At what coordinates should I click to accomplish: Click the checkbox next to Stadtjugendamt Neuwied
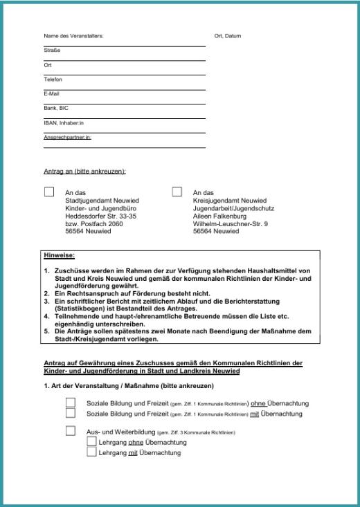pyautogui.click(x=49, y=192)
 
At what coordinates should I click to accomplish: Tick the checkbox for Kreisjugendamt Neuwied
pyautogui.click(x=177, y=192)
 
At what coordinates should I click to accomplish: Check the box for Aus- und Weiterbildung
pyautogui.click(x=71, y=431)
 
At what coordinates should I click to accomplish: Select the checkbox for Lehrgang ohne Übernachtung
pyautogui.click(x=91, y=441)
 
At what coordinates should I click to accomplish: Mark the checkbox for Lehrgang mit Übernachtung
pyautogui.click(x=91, y=452)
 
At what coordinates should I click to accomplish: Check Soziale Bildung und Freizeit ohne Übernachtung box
pyautogui.click(x=71, y=403)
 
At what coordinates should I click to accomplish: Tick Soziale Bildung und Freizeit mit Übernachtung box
pyautogui.click(x=71, y=413)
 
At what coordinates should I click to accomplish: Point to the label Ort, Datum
pyautogui.click(x=228, y=36)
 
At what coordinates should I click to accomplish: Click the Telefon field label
pyautogui.click(x=53, y=80)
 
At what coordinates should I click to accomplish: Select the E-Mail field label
pyautogui.click(x=51, y=93)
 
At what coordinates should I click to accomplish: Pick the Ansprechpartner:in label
pyautogui.click(x=67, y=137)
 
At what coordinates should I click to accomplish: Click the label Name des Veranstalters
pyautogui.click(x=73, y=36)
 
